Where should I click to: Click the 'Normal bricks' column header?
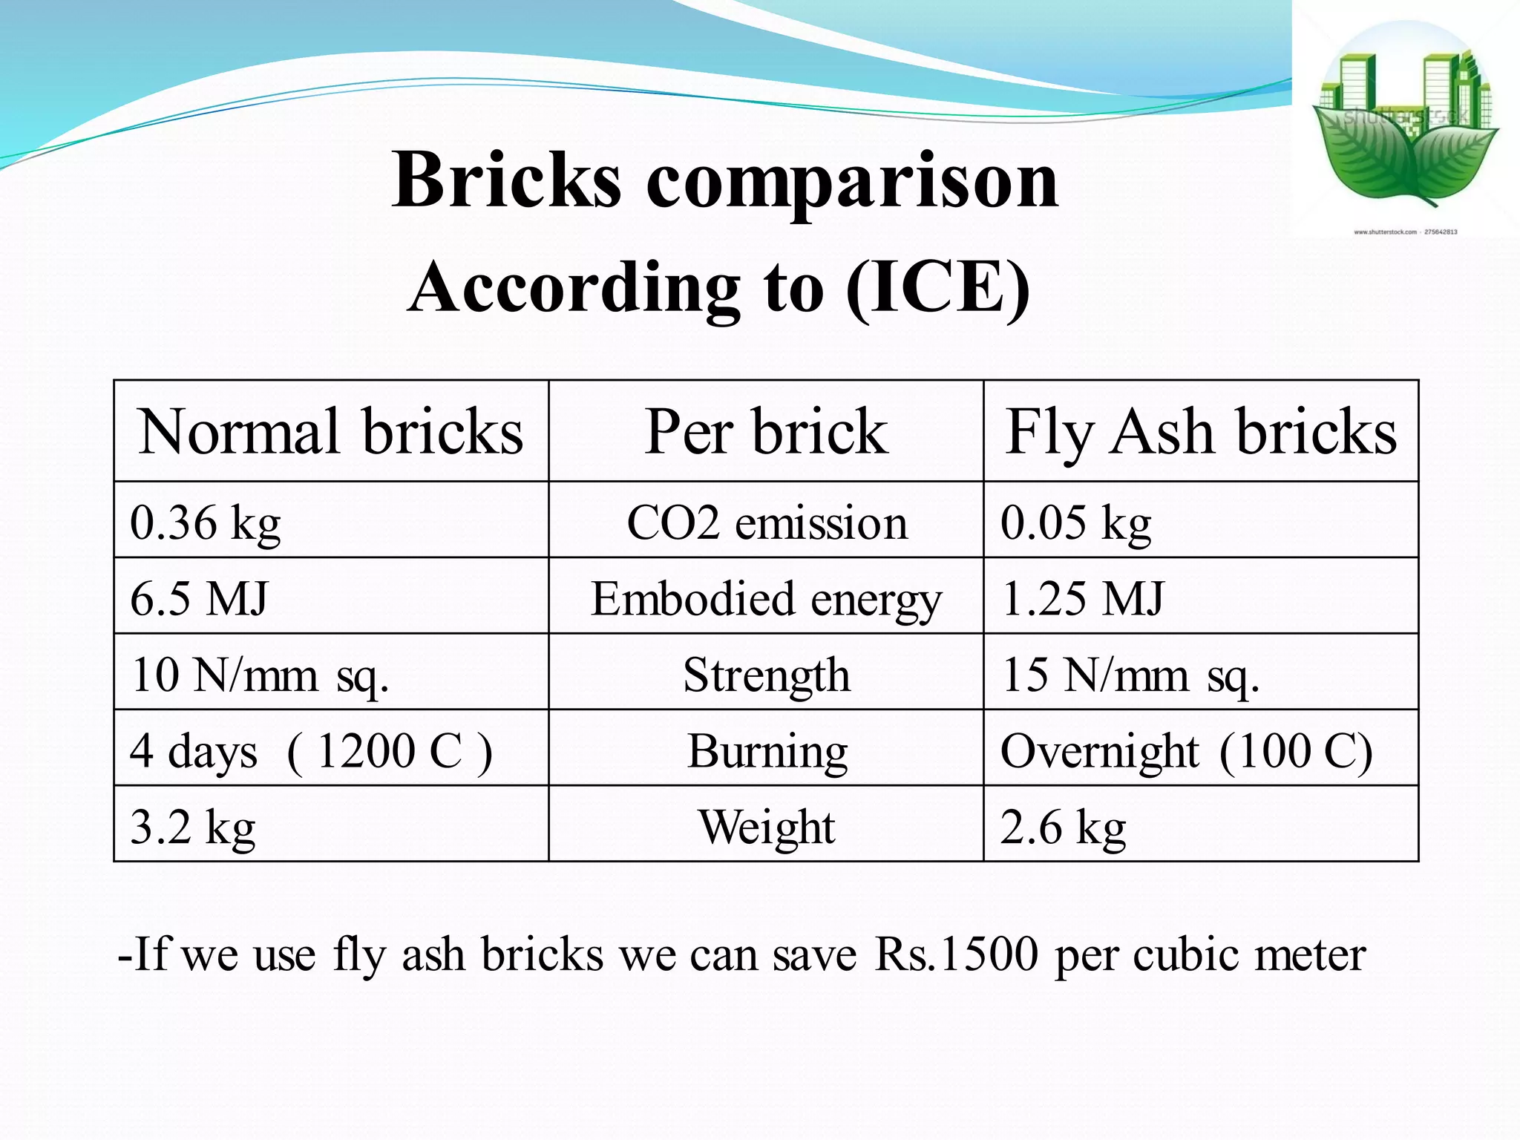(331, 431)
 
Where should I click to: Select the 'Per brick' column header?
(765, 431)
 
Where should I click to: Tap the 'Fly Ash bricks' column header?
(1200, 431)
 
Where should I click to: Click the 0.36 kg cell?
(206, 522)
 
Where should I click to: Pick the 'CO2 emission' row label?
(767, 522)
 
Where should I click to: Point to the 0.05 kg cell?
(1075, 522)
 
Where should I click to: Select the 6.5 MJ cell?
(199, 598)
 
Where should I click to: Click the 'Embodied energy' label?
(766, 598)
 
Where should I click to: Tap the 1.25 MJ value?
(1082, 598)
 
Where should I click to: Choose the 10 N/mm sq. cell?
(260, 675)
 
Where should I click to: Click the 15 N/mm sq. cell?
(1130, 675)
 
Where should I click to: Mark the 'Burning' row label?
(767, 750)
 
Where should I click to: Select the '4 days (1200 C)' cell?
(310, 750)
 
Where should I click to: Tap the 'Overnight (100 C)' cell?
(1186, 750)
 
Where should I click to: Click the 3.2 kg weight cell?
(193, 826)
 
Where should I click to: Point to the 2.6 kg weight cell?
(1063, 826)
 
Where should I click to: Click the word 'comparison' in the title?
(852, 180)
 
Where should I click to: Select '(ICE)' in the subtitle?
(937, 288)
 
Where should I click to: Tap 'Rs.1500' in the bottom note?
(957, 954)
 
